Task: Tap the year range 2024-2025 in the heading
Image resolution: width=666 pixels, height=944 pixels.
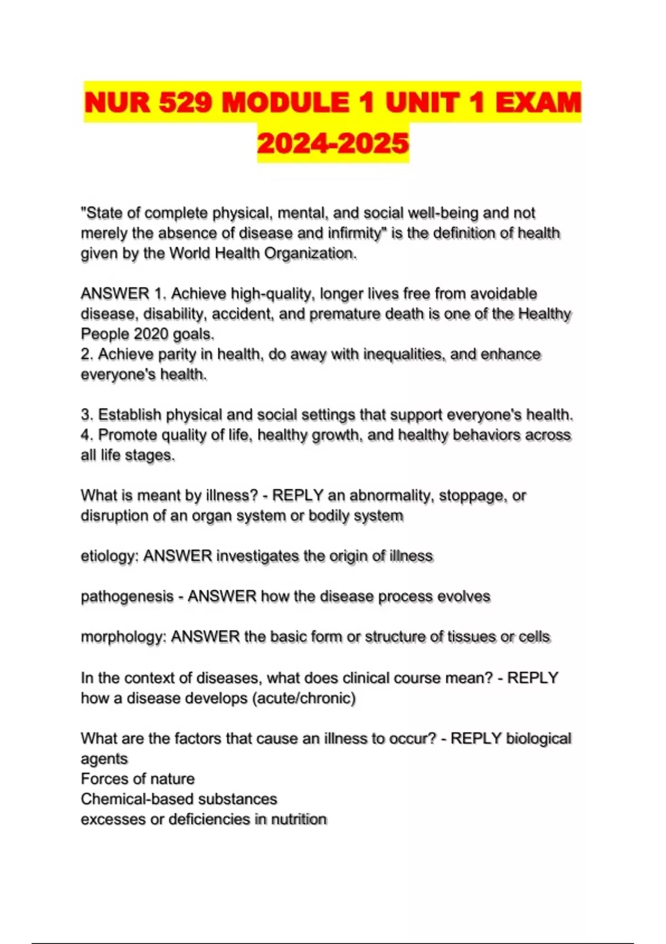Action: [x=333, y=143]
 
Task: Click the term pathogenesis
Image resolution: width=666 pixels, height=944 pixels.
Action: [x=127, y=596]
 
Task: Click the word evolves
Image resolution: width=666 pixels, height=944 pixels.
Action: [x=463, y=596]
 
